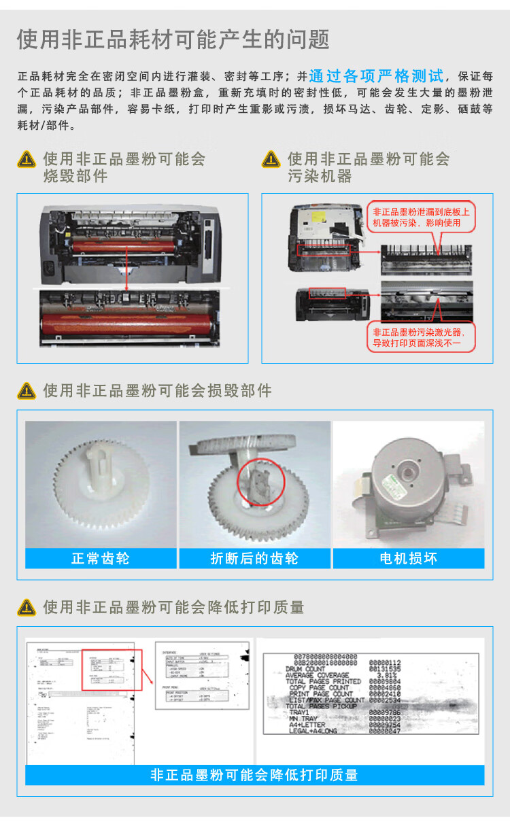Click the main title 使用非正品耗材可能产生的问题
(173, 39)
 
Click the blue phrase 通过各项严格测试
(376, 75)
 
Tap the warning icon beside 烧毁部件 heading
(27, 160)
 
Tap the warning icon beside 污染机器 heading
(271, 160)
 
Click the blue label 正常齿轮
(101, 559)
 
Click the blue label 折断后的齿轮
(254, 559)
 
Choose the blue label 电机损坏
(408, 559)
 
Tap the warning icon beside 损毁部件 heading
(27, 391)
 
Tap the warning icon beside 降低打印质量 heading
(27, 607)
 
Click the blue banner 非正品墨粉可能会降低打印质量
(254, 775)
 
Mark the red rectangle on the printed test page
(112, 670)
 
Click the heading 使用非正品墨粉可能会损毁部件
(157, 391)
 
